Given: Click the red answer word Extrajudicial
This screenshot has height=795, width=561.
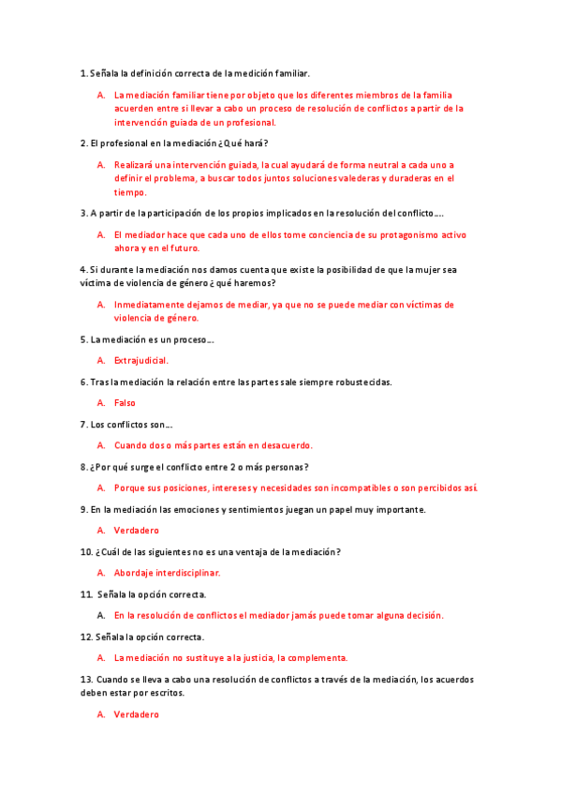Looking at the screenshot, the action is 141,360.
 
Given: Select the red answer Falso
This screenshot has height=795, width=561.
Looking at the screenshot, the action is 125,403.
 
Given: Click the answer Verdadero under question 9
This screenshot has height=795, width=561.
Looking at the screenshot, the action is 137,531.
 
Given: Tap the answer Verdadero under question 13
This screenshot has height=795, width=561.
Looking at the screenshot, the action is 137,714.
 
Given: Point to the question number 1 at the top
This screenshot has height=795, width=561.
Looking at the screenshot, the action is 83,73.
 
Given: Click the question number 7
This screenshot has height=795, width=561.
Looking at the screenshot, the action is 83,424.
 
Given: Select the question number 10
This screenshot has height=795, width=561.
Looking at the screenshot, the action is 86,552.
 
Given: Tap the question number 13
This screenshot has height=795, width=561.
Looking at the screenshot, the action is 86,679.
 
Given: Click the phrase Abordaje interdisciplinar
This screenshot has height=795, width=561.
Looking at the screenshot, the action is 167,573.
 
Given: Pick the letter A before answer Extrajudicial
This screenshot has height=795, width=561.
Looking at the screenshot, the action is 100,360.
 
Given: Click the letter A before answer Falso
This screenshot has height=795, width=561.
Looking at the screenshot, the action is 100,403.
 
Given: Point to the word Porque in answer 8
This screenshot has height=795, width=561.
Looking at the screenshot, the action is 130,488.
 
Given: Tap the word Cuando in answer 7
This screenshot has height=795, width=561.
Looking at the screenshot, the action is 131,445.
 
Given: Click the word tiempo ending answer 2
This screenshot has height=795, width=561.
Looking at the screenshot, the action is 130,191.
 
